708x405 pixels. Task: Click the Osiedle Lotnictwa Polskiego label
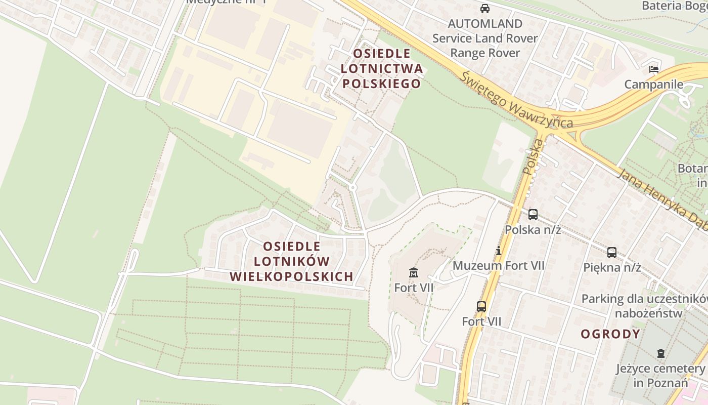(x=381, y=68)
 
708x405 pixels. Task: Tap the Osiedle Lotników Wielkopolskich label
(x=291, y=262)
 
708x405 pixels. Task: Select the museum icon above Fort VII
(x=414, y=273)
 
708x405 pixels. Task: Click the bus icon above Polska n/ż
(x=533, y=214)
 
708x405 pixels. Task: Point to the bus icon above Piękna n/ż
(x=612, y=252)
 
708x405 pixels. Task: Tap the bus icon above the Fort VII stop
(x=481, y=306)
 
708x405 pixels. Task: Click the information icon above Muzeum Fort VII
(x=499, y=251)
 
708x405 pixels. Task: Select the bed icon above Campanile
(x=654, y=69)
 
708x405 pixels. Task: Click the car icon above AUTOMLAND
(x=485, y=9)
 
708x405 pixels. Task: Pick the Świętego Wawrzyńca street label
(x=517, y=100)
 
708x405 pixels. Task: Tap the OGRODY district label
(x=610, y=334)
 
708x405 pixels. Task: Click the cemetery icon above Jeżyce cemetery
(x=660, y=353)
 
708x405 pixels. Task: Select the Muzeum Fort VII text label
(x=498, y=265)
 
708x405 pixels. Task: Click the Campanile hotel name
(x=653, y=85)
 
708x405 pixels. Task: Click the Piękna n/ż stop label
(x=612, y=267)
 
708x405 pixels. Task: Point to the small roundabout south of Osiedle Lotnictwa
(x=352, y=188)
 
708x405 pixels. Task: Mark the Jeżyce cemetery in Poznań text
(x=660, y=375)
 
